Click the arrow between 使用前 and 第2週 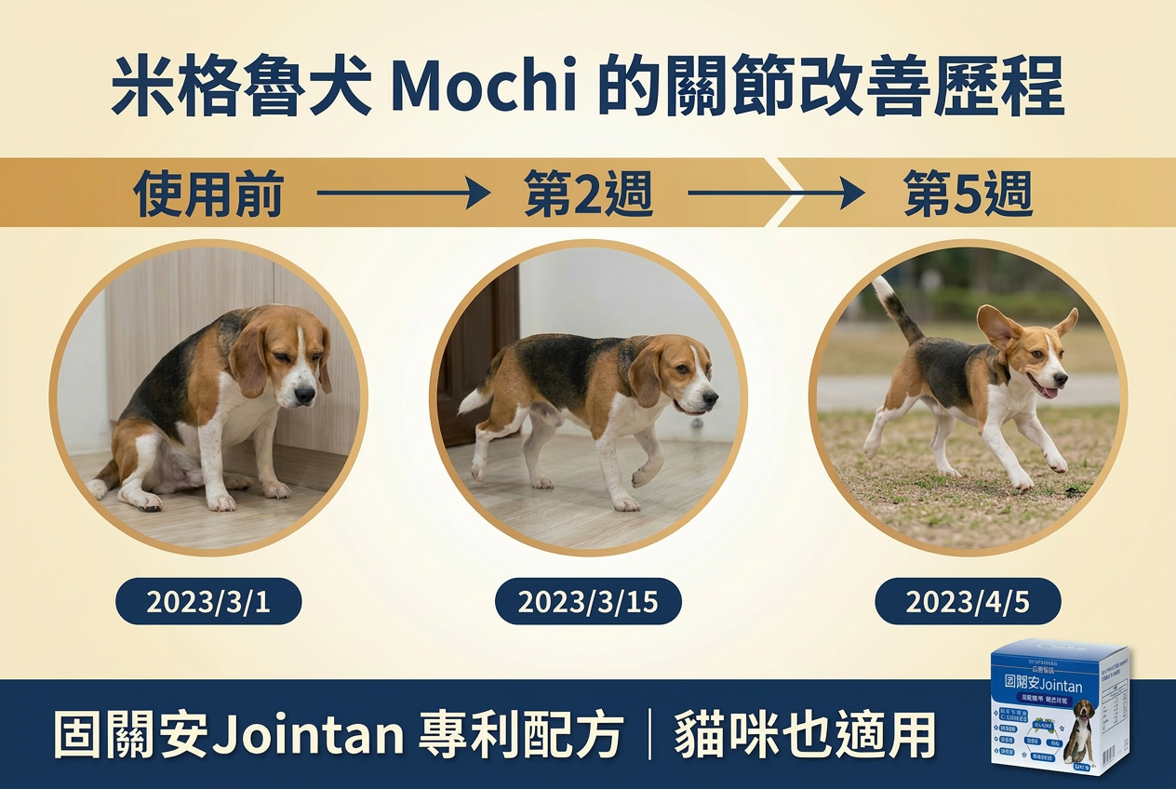[403, 194]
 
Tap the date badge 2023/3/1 [208, 602]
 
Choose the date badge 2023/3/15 [588, 602]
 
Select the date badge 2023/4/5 [968, 602]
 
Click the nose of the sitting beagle [304, 396]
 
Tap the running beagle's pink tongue [1048, 392]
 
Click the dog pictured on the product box [1083, 726]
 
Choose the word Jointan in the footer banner [307, 735]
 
